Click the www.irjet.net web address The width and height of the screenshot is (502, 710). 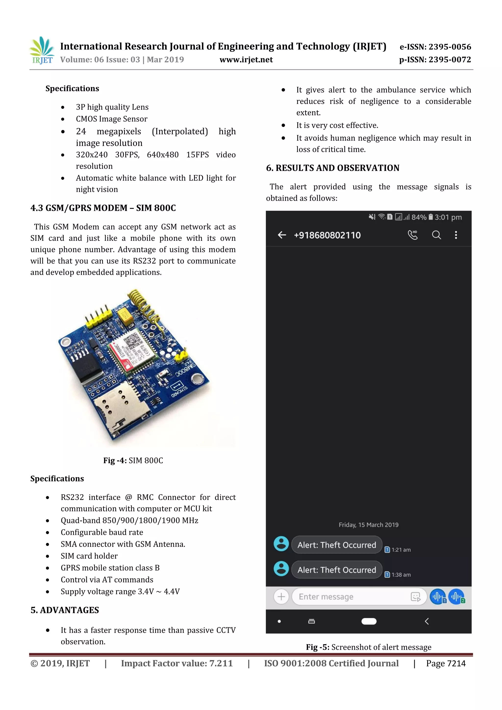coord(246,60)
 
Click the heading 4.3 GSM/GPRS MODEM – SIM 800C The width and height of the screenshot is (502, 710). coord(103,208)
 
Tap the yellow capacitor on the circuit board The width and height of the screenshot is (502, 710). coord(125,316)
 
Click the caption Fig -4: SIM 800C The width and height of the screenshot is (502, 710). coord(133,460)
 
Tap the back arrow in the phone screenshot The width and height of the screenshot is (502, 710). coord(282,235)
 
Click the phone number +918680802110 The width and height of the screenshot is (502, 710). coord(327,235)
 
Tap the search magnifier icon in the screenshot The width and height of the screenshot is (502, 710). coord(436,235)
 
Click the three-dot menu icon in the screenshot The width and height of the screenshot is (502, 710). coord(456,235)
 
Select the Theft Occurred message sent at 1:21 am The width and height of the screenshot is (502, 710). coord(337,545)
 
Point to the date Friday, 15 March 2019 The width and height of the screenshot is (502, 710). coord(368,525)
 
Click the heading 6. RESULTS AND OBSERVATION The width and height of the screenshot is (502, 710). coord(333,168)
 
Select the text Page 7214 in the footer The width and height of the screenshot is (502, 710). coord(445,663)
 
